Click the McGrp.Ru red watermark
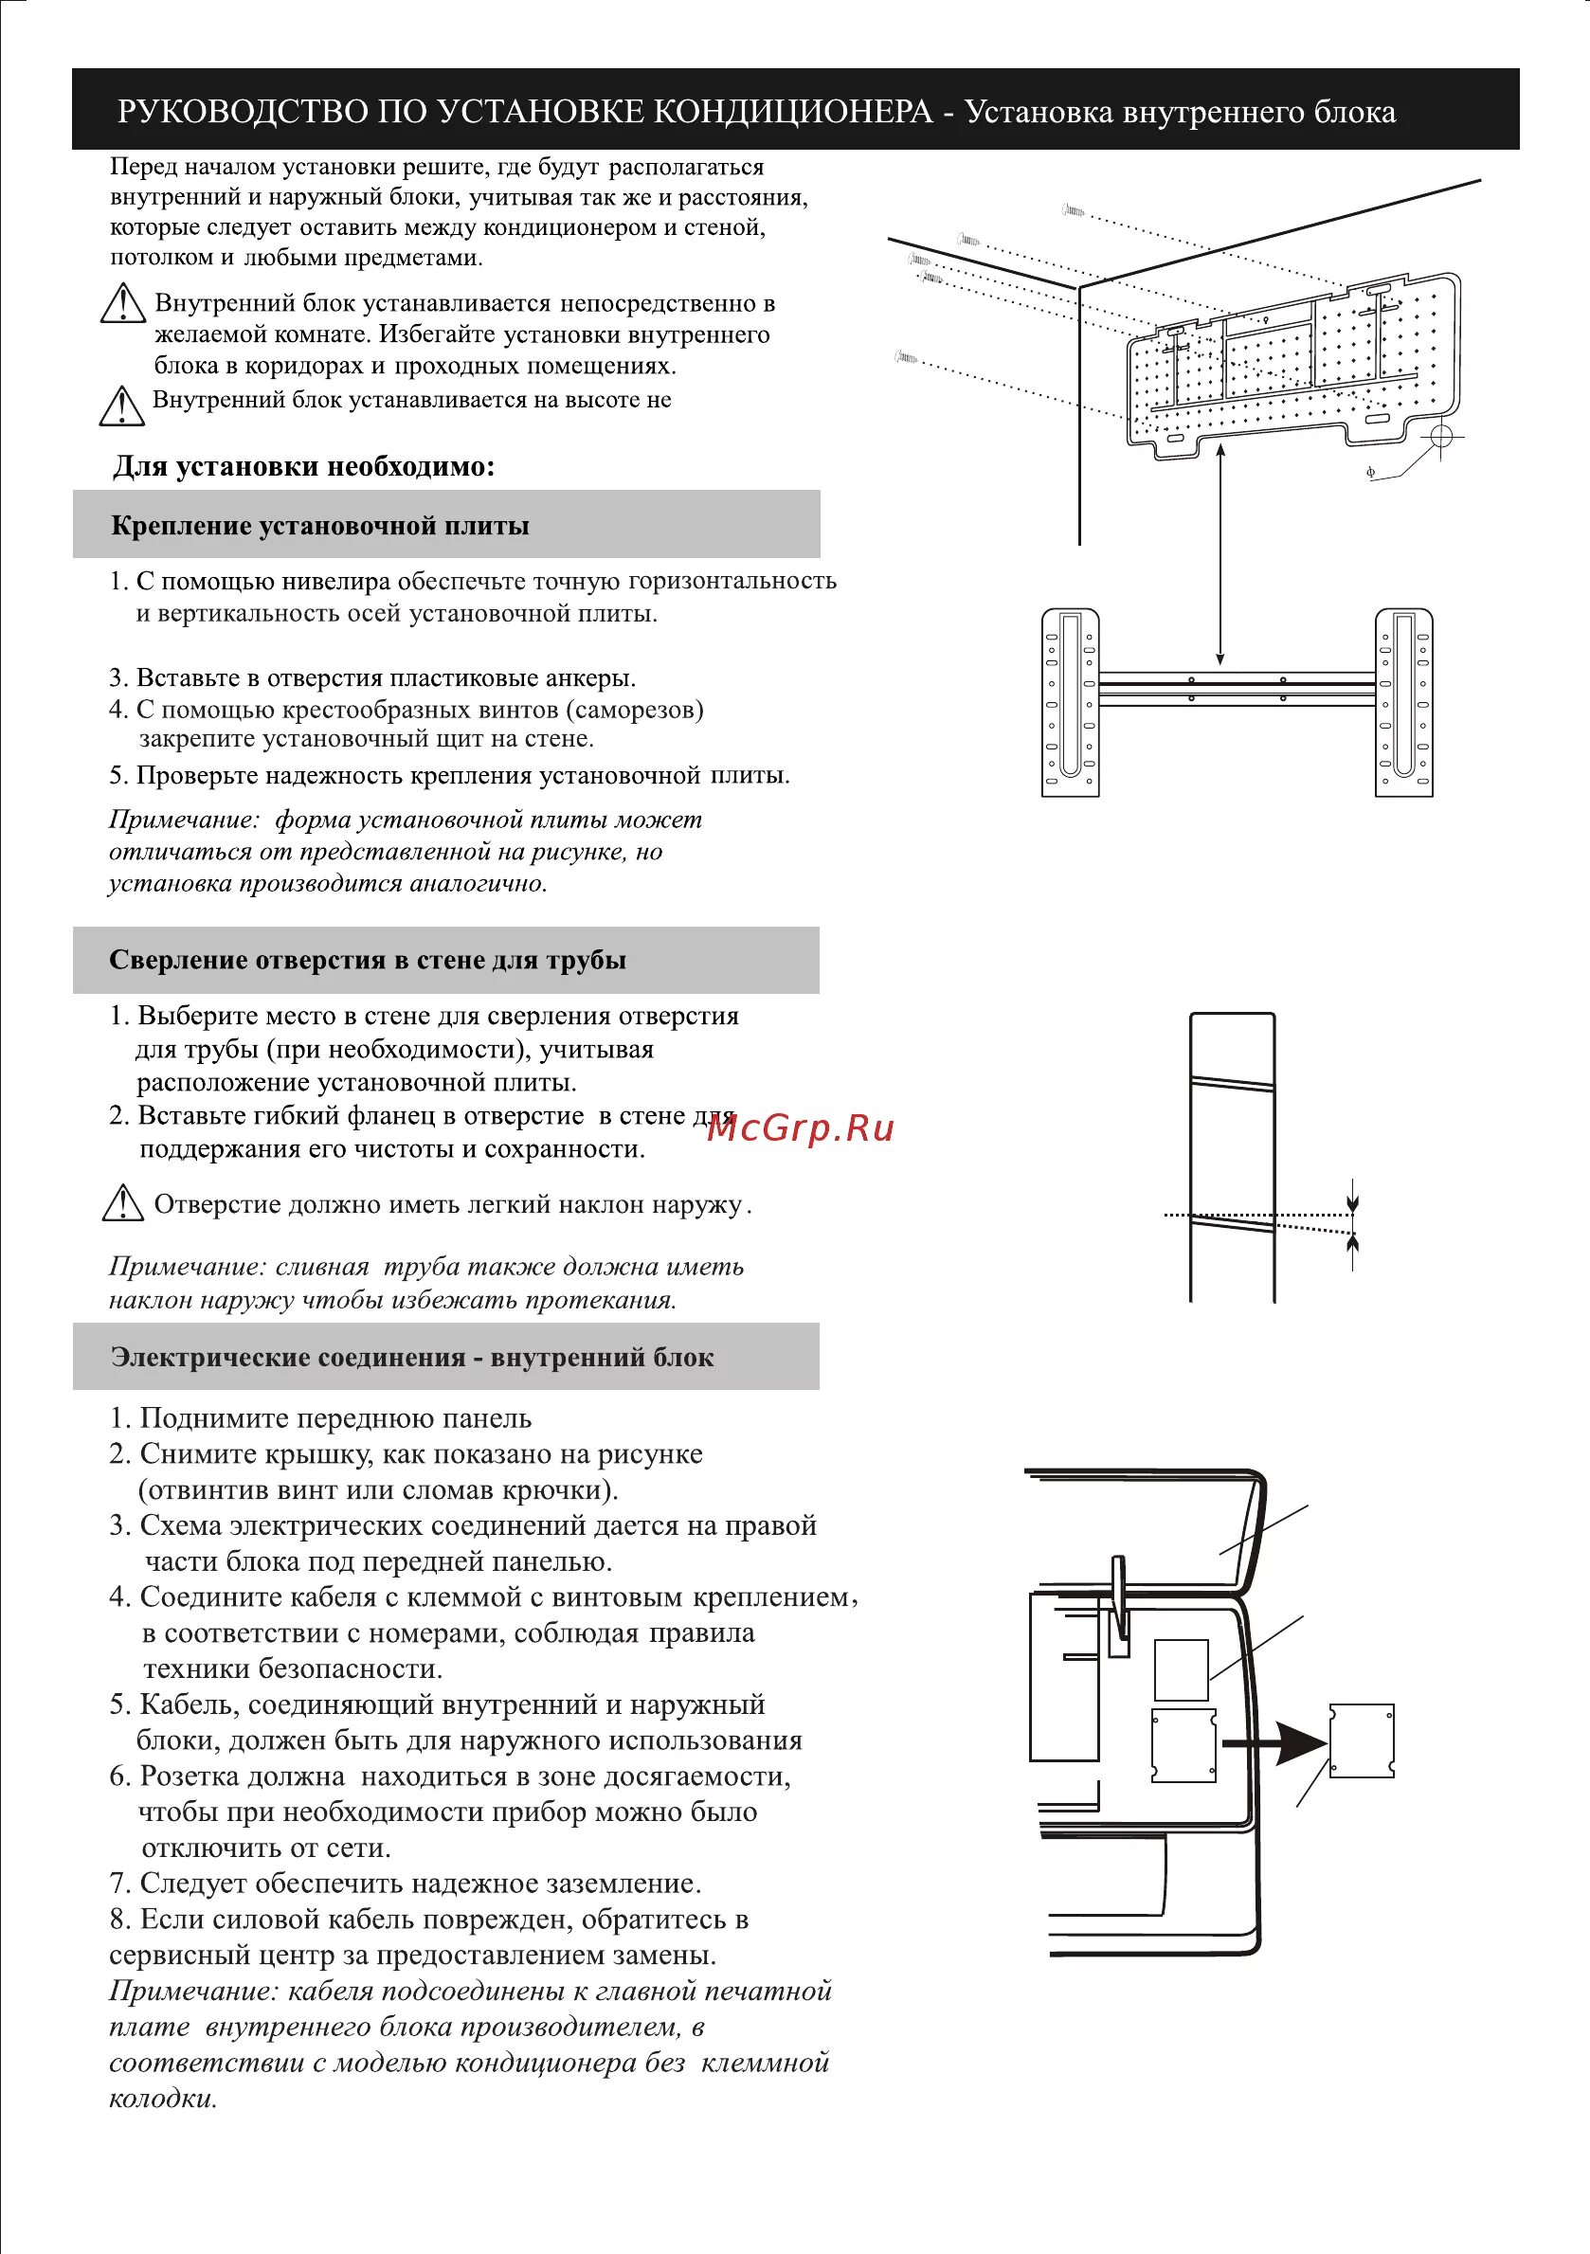pos(800,1128)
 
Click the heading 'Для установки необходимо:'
pos(303,466)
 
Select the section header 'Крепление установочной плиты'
pos(320,525)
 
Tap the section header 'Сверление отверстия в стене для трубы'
pos(368,959)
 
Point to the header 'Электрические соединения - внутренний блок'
pos(411,1357)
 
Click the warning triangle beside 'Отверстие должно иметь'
pos(123,1203)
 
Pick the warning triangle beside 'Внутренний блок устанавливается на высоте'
pos(123,406)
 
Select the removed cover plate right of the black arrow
pos(1362,1740)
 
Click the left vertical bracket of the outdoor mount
pos(1070,703)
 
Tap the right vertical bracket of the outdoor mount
pos(1403,703)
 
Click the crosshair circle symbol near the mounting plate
pos(1440,435)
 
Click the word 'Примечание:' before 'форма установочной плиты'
pos(184,820)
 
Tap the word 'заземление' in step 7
pos(614,1883)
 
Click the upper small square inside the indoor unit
pos(1181,1668)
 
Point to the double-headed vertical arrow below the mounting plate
pos(1220,554)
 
